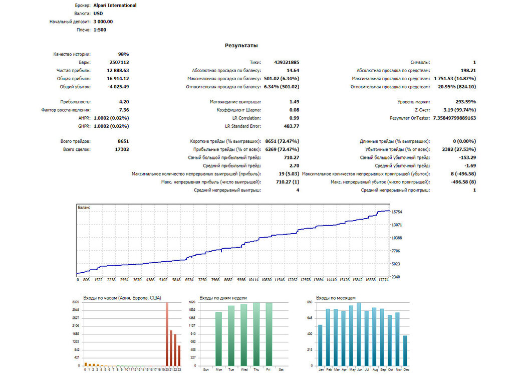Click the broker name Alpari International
115,6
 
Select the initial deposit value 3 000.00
103,22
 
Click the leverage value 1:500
100,30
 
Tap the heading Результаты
241,46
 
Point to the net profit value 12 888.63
118,71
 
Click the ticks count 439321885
287,62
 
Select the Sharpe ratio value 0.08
294,110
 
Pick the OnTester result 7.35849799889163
454,118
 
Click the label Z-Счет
422,110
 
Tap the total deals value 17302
122,149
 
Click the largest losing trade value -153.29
467,157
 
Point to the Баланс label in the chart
84,208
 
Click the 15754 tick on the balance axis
397,212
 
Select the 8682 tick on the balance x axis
228,280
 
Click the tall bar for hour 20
167,334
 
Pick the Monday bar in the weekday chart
218,339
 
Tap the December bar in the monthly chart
405,351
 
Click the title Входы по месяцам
336,298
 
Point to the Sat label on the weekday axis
281,369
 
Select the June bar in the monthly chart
359,334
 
